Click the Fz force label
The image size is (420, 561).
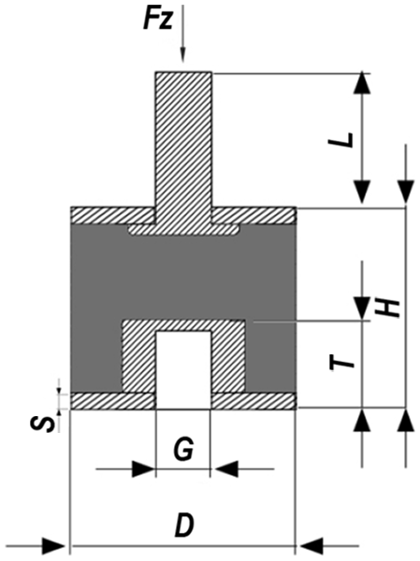158,21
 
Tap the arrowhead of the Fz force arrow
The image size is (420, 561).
182,55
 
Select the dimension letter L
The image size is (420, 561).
340,140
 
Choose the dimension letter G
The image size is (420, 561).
183,449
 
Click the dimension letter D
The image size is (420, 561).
184,525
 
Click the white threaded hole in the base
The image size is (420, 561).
183,369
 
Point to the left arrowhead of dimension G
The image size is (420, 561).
143,468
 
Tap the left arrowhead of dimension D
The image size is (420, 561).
53,546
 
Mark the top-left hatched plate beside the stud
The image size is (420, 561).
113,215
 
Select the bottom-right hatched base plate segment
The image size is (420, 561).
253,401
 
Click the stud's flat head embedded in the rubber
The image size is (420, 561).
183,230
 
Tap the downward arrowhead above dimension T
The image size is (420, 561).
362,308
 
